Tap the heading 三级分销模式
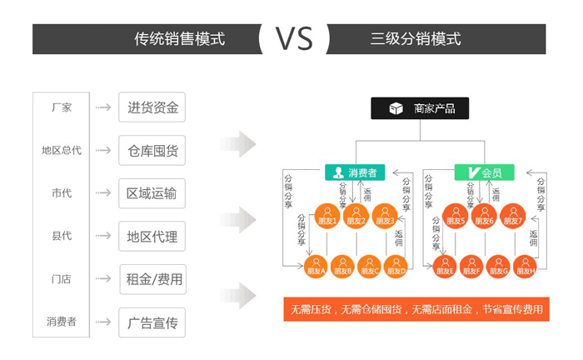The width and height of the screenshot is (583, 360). click(x=416, y=38)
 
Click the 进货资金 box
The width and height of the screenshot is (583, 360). click(x=152, y=107)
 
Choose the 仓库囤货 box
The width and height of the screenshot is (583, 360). click(x=152, y=151)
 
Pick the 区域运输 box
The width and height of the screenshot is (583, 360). click(x=152, y=193)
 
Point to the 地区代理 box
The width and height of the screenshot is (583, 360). click(x=152, y=236)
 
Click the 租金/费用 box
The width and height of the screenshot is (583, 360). click(x=152, y=279)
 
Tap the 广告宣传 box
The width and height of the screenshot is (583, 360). click(x=152, y=322)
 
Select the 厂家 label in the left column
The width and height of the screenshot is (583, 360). click(x=62, y=107)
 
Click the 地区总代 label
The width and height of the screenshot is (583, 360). click(x=62, y=151)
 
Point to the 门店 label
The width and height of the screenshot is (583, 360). click(x=62, y=279)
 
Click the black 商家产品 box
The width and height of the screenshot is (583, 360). click(x=420, y=108)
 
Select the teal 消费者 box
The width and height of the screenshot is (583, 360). click(x=355, y=173)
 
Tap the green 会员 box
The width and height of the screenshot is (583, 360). click(x=484, y=173)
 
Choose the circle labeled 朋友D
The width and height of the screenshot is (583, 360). click(x=396, y=266)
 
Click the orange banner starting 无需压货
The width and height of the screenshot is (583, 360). click(x=416, y=309)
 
